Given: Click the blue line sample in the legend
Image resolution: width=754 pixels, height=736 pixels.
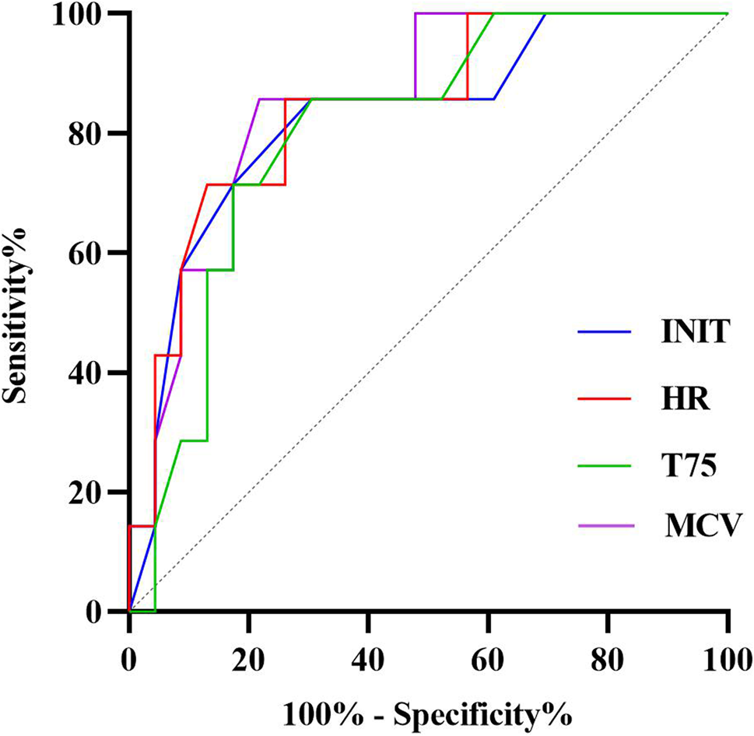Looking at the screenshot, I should (604, 334).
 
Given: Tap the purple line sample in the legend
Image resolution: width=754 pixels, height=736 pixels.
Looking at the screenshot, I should (604, 527).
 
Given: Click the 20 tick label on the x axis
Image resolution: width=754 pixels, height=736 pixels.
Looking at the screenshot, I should (248, 654).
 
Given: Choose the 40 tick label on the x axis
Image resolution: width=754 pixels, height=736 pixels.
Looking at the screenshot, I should (368, 654).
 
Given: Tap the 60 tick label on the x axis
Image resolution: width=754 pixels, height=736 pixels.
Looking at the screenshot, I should (488, 654).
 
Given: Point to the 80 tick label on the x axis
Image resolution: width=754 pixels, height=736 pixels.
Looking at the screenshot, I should (608, 654).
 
